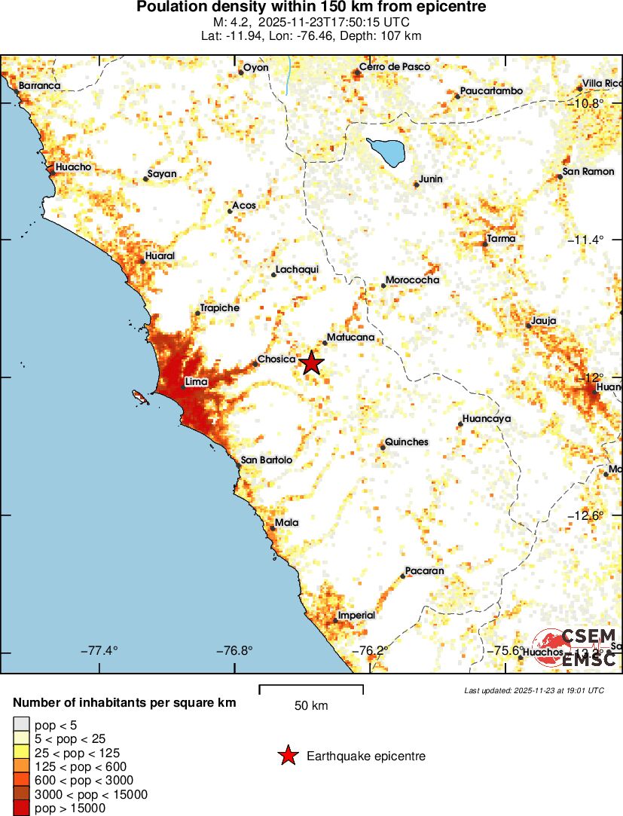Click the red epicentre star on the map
point(312,363)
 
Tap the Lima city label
point(196,383)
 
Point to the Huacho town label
point(74,167)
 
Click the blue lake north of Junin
point(386,151)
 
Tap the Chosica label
point(276,359)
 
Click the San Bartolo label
point(266,460)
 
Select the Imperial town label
point(356,615)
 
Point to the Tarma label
point(501,238)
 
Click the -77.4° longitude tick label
point(99,651)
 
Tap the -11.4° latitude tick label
point(585,240)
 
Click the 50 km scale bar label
point(311,706)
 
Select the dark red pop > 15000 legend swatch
point(22,808)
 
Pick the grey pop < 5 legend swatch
point(22,726)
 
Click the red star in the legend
point(288,756)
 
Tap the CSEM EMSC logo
point(576,648)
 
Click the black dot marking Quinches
point(383,448)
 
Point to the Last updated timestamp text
point(533,690)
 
